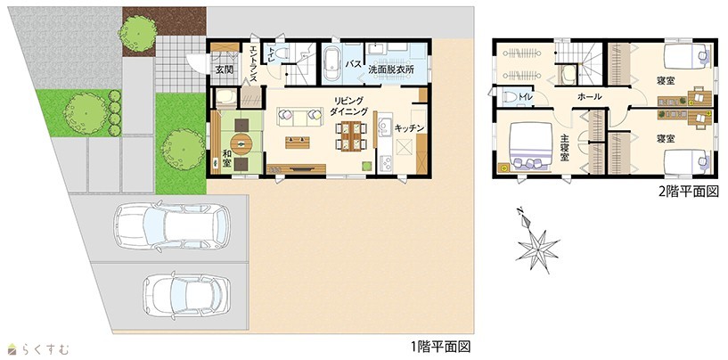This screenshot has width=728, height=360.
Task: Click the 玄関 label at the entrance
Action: click(x=224, y=70)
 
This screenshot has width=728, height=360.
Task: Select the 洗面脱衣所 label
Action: click(x=390, y=70)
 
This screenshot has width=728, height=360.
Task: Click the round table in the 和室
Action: click(x=241, y=144)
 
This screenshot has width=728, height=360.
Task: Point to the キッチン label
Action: click(x=410, y=128)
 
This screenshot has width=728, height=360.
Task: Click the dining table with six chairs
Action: click(x=351, y=135)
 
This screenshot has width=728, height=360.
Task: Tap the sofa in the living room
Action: click(x=300, y=116)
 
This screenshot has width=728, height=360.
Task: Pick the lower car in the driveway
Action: click(x=186, y=296)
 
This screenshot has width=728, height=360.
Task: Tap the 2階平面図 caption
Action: click(x=689, y=192)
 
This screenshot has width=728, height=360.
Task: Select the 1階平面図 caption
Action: click(x=440, y=347)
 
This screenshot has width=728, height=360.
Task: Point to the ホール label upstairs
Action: click(x=590, y=96)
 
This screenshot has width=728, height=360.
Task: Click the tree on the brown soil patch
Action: click(x=137, y=34)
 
